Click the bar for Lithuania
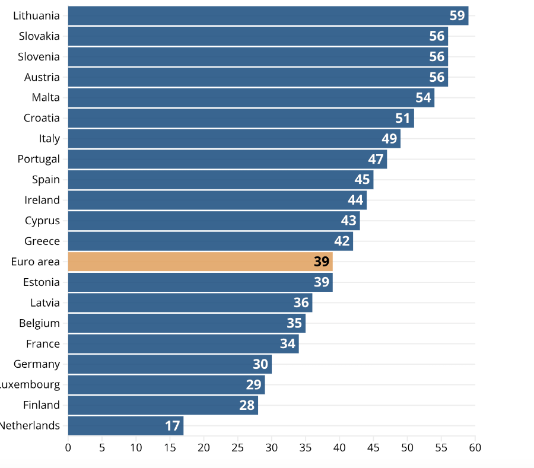[267, 15]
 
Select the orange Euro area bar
[200, 262]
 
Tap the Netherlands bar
[125, 425]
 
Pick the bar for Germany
[170, 364]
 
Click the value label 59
[457, 15]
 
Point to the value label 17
[172, 425]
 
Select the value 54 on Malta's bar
[423, 97]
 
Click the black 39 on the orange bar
[321, 262]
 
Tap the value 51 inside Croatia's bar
[403, 118]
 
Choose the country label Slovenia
[39, 57]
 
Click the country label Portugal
[39, 159]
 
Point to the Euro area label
[35, 262]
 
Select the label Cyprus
[42, 221]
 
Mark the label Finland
[42, 405]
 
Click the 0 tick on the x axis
[68, 447]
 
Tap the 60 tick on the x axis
[475, 447]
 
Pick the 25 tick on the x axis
[238, 447]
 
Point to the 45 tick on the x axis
[374, 447]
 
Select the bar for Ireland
[217, 200]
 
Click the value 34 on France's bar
[287, 343]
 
